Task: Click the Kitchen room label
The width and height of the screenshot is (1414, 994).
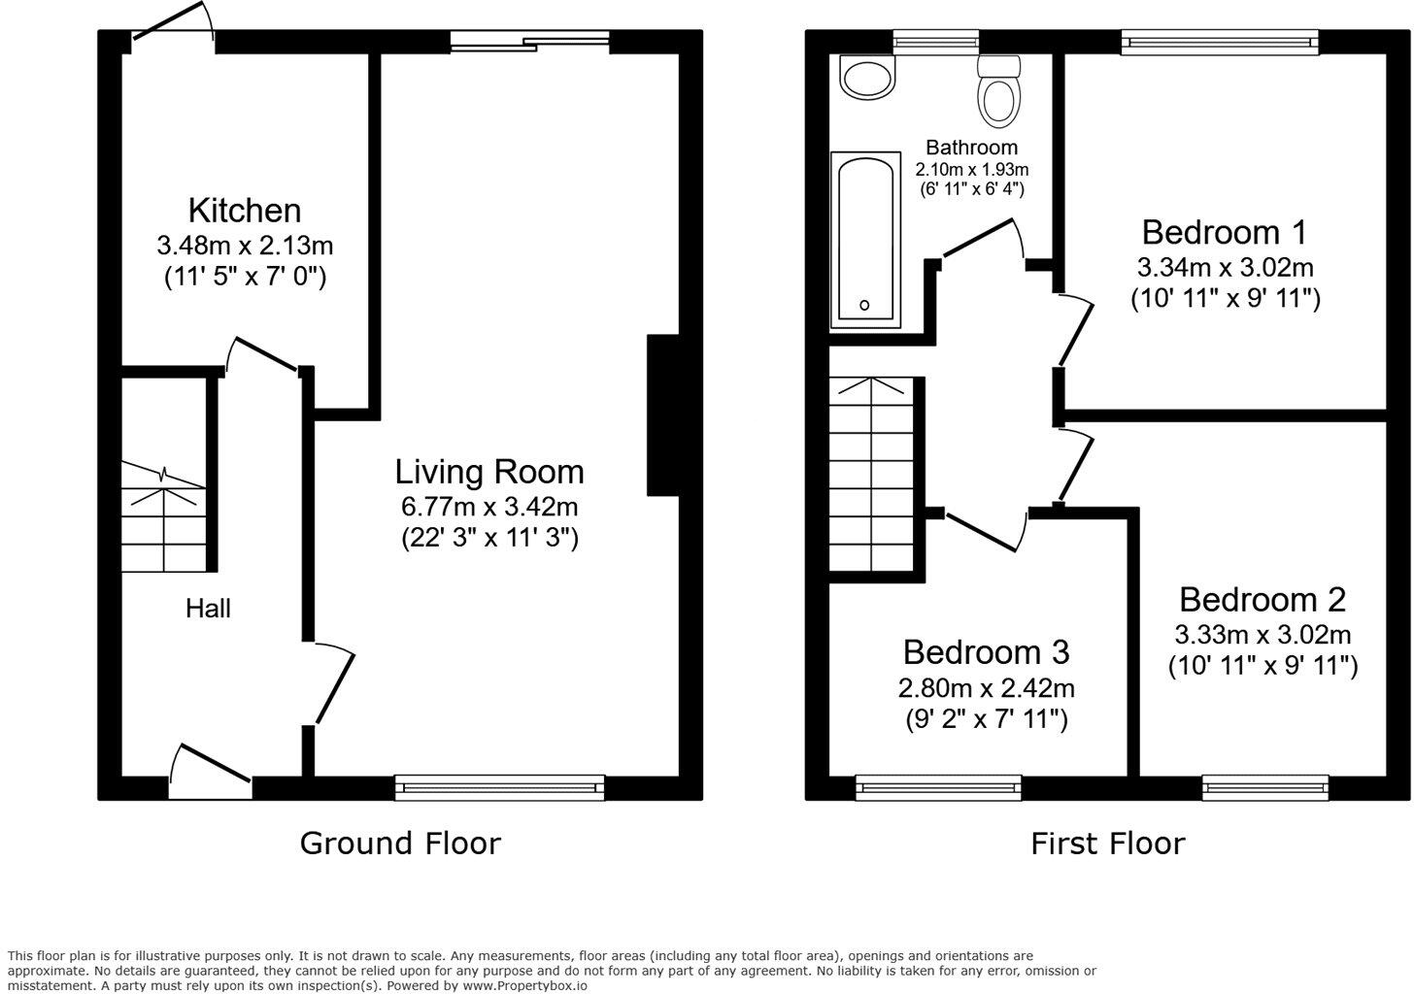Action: [244, 211]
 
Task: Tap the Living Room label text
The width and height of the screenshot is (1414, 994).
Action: [489, 472]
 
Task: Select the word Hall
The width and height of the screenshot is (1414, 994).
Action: [208, 609]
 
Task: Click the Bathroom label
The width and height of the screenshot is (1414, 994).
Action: [971, 148]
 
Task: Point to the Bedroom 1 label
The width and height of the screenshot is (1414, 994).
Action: [1224, 233]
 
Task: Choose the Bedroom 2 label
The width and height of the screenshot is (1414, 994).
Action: [1262, 599]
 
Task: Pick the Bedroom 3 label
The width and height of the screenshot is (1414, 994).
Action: [986, 651]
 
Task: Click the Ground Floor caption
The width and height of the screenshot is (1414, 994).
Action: [399, 843]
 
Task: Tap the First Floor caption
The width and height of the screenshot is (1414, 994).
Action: [1107, 843]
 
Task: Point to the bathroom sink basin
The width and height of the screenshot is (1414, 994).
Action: [867, 78]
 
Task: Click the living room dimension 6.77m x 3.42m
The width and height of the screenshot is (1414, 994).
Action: [489, 506]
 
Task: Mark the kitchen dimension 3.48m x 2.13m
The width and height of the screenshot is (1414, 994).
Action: [244, 245]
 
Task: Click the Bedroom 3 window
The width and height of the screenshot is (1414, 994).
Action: [938, 787]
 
